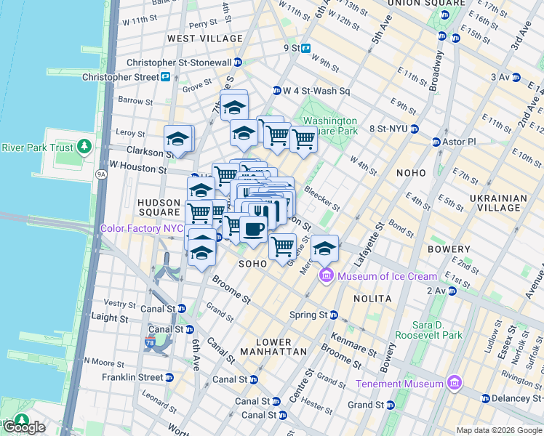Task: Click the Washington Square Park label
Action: tap(330, 126)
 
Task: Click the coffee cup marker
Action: tap(253, 230)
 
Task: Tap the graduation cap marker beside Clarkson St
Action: tap(177, 139)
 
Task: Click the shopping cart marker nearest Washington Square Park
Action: tap(303, 137)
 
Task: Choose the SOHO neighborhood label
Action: tap(253, 263)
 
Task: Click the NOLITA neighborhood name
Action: tap(372, 299)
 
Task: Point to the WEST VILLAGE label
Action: tap(205, 38)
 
